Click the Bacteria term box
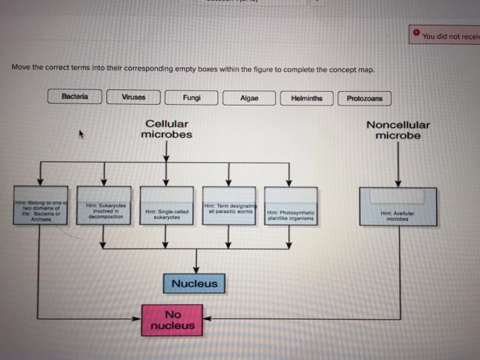[75, 97]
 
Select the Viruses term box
[133, 97]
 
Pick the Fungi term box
[192, 97]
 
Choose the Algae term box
[250, 98]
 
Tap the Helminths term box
[307, 98]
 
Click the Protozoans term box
[364, 98]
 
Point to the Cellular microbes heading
[166, 129]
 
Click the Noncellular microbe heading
[398, 130]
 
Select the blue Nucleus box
[194, 283]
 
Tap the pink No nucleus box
[172, 320]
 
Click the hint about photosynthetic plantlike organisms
[291, 215]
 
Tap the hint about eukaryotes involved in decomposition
[104, 211]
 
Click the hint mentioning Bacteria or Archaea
[41, 211]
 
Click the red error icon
[416, 33]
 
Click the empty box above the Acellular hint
[398, 197]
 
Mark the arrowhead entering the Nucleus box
[197, 270]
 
